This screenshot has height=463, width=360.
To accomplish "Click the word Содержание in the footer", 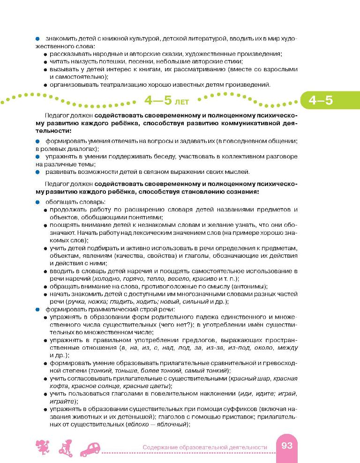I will (163, 447).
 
